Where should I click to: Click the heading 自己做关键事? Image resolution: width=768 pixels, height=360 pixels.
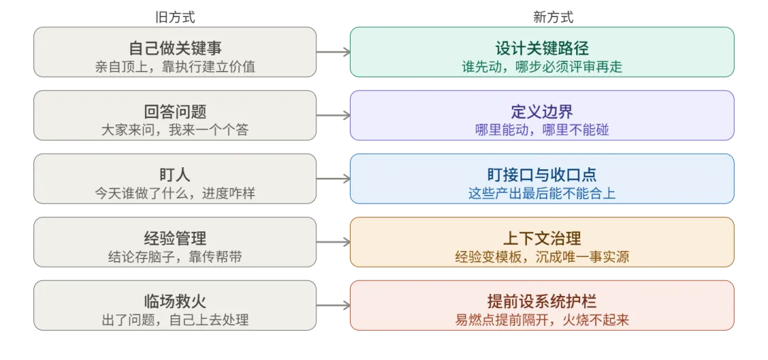[175, 48]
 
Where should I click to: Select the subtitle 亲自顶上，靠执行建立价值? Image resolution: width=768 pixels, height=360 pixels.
[175, 67]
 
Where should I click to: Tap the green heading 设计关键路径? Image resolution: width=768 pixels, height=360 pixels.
[542, 48]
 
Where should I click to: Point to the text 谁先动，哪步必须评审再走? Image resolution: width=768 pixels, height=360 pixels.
[542, 67]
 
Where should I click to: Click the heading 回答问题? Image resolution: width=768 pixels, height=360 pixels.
[175, 112]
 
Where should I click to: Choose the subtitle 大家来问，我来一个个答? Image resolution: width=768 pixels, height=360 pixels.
[175, 130]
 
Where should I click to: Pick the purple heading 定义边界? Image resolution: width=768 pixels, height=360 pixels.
[542, 112]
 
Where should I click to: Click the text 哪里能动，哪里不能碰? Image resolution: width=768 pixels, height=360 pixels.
[542, 130]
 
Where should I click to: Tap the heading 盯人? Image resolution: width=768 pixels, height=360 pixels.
[175, 175]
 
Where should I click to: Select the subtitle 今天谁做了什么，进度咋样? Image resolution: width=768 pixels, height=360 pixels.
[175, 194]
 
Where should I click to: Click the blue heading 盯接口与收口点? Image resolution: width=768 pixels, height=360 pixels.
[542, 175]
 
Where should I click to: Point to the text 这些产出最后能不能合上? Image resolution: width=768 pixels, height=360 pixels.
[542, 194]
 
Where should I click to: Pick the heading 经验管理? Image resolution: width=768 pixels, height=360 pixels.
[175, 238]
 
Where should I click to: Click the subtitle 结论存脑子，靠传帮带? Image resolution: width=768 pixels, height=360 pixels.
[175, 257]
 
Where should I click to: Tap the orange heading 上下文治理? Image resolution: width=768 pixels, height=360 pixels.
[542, 238]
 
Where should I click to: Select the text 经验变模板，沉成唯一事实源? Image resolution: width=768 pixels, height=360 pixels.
[542, 257]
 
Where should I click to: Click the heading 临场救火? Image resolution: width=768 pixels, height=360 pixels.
[175, 301]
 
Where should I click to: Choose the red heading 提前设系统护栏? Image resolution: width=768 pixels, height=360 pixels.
[542, 301]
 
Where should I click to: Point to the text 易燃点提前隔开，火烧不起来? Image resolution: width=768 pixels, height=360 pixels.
[542, 320]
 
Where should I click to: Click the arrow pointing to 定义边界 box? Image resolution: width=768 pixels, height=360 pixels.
[333, 116]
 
